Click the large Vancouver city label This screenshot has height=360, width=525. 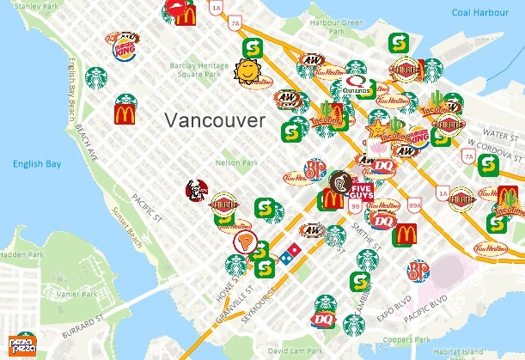pyautogui.click(x=215, y=120)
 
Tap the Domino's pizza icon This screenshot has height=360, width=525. pyautogui.click(x=290, y=254)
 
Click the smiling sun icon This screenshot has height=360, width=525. pyautogui.click(x=247, y=70)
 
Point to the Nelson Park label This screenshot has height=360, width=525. pyautogui.click(x=237, y=162)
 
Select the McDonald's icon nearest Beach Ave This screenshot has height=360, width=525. pyautogui.click(x=124, y=113)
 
